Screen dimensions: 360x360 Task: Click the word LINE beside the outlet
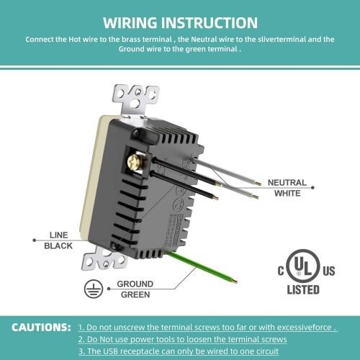click(58, 235)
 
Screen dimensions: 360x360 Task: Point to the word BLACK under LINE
click(58, 246)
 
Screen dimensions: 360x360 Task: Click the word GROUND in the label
click(135, 284)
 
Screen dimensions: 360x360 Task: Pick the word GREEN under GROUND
click(135, 294)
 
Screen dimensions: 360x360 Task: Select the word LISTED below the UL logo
click(302, 290)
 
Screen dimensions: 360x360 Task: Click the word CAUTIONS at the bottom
click(41, 328)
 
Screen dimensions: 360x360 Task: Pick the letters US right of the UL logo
click(328, 271)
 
